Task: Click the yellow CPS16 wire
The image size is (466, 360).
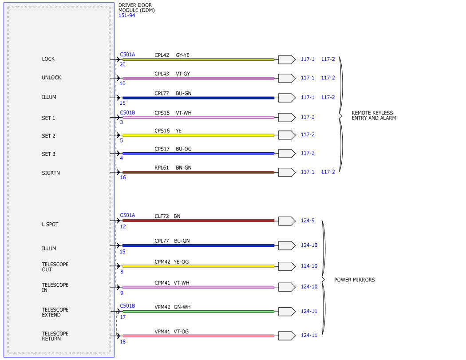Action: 198,135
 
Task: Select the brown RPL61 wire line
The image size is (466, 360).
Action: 198,172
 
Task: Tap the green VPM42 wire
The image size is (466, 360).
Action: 198,311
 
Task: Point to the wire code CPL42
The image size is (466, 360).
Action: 162,55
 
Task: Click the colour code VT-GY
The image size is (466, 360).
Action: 183,74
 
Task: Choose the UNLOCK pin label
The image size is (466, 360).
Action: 51,78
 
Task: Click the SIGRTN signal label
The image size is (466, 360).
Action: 51,173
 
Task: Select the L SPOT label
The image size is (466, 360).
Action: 50,225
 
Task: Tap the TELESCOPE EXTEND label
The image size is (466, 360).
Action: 55,312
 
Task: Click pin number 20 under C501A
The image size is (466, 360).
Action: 122,64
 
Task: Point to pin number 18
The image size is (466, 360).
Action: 123,342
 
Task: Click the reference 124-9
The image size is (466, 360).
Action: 308,221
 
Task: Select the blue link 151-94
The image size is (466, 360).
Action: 126,16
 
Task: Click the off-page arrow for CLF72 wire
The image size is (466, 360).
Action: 287,221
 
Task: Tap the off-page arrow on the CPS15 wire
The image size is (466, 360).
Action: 287,118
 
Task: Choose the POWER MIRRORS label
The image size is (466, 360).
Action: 355,280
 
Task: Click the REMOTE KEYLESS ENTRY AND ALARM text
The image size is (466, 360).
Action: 374,115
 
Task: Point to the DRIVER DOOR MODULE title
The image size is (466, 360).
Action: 136,8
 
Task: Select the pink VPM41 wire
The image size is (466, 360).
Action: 198,336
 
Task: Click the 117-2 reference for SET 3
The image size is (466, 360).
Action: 308,153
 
